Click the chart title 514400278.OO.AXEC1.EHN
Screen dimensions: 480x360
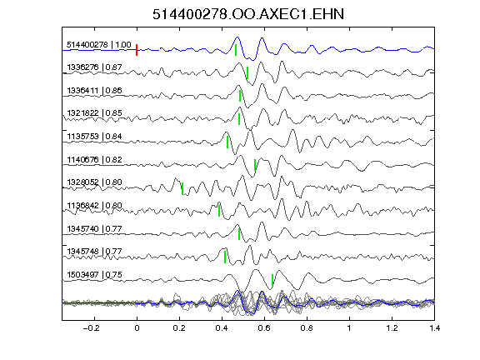click(x=248, y=14)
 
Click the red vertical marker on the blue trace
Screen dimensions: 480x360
click(x=137, y=50)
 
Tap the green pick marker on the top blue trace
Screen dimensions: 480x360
click(x=236, y=50)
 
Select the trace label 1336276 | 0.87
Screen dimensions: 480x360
click(x=94, y=67)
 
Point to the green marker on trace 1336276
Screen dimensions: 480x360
click(x=247, y=72)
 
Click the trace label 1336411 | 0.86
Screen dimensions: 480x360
click(x=94, y=91)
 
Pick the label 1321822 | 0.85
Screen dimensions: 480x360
click(x=94, y=113)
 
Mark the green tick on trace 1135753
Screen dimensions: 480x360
click(x=227, y=142)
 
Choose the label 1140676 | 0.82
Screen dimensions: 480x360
click(x=94, y=159)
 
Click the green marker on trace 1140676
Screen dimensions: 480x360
click(x=255, y=165)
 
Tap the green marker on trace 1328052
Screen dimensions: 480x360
click(x=182, y=188)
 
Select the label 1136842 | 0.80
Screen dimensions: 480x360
click(x=94, y=205)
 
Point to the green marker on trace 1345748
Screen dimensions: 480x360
click(x=225, y=257)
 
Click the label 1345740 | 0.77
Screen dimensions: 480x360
click(x=94, y=228)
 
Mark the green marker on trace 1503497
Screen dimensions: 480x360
click(x=272, y=280)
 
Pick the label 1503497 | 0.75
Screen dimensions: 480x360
click(x=94, y=275)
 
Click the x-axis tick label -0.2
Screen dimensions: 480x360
click(x=91, y=328)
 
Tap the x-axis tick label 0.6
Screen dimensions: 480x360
click(x=264, y=328)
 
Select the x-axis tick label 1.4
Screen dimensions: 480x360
click(x=434, y=328)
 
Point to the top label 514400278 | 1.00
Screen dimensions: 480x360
click(x=99, y=45)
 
